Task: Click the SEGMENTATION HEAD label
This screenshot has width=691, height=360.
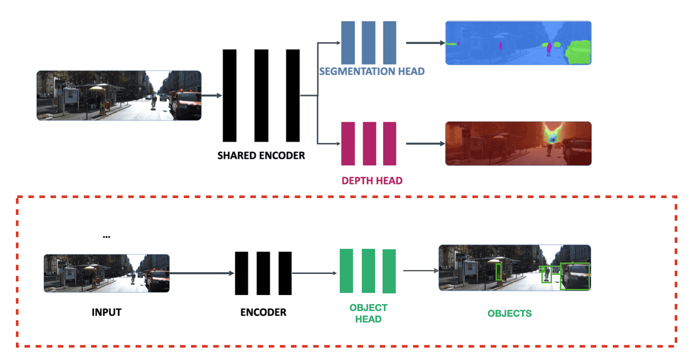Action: click(x=372, y=71)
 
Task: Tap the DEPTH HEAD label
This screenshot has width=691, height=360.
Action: click(x=372, y=180)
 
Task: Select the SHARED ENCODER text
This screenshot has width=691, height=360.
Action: click(x=261, y=155)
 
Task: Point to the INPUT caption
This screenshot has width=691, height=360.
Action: click(x=106, y=312)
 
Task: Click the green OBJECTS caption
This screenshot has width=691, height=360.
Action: click(x=510, y=313)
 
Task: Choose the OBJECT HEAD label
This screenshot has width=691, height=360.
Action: click(x=368, y=313)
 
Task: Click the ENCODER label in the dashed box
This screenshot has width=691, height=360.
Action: click(x=263, y=312)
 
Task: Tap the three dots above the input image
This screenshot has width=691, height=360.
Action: click(x=106, y=237)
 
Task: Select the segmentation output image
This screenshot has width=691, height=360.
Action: click(x=518, y=43)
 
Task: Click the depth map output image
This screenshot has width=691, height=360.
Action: click(x=518, y=143)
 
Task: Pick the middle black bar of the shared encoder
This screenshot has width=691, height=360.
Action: click(x=261, y=95)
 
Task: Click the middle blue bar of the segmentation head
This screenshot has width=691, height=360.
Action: click(x=368, y=43)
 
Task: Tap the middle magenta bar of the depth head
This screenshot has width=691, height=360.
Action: click(x=369, y=143)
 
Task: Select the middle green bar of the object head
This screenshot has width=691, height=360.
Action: click(x=368, y=271)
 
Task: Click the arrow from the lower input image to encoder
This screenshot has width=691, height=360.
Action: click(x=202, y=273)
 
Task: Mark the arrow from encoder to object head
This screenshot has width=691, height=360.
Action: click(x=315, y=273)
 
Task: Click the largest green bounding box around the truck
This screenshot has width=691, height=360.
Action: click(x=575, y=277)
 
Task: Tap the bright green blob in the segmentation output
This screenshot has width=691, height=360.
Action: click(x=578, y=52)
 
